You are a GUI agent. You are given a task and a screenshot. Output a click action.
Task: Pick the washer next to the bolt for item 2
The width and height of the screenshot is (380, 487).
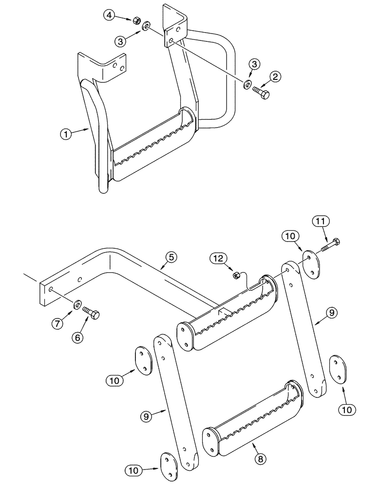pos(247,85)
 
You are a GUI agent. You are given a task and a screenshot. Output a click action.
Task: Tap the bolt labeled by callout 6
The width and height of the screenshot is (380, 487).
pos(92,313)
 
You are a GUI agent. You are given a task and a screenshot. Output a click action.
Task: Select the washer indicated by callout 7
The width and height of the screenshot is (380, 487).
pos(77,305)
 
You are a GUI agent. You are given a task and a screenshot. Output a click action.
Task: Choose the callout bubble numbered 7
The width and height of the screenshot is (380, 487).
pos(59,322)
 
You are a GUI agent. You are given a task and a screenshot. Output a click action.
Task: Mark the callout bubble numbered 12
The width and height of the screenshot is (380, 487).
pos(218,258)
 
